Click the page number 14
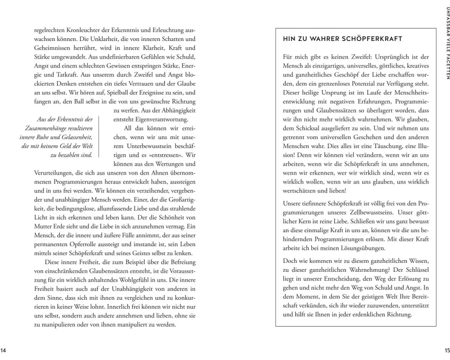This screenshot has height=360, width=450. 4,350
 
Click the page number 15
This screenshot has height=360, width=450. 446,350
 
